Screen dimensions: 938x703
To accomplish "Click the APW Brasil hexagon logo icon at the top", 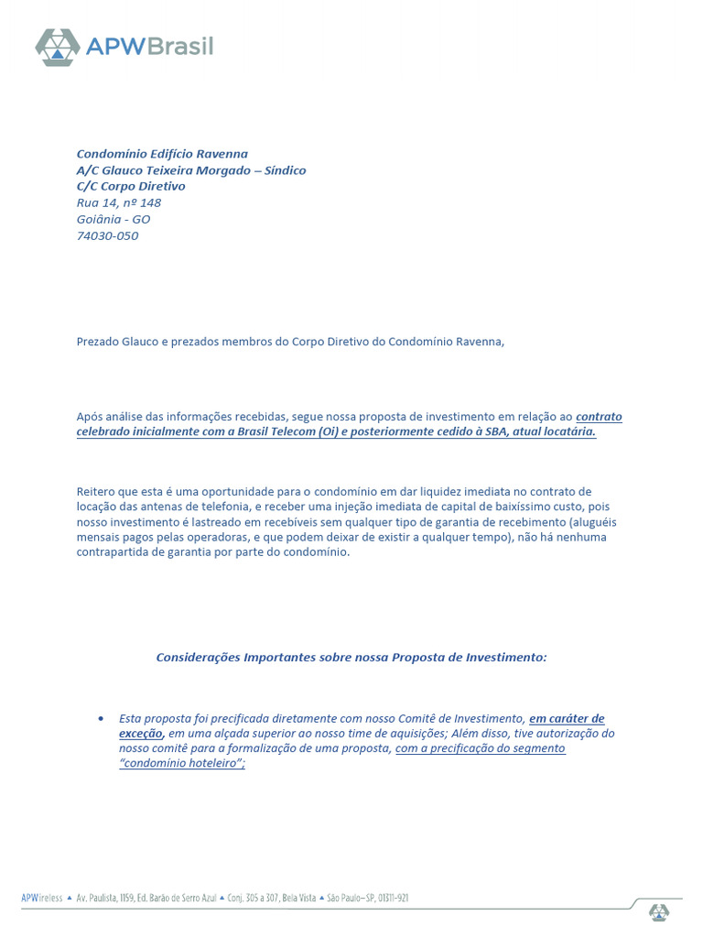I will [x=58, y=47].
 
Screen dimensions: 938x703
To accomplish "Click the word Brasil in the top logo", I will [x=178, y=45].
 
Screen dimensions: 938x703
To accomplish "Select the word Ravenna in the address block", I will [x=220, y=154].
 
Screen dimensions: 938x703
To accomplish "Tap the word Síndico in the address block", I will [x=286, y=170].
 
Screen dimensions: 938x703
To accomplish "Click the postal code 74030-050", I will [x=107, y=235].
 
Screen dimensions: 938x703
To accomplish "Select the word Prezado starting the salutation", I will [x=98, y=342].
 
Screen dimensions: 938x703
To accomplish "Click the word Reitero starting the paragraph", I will [x=98, y=492].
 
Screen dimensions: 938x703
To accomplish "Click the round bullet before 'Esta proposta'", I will [x=100, y=718].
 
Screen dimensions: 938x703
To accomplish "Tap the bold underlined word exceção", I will [x=140, y=733].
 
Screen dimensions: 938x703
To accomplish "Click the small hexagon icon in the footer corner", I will [x=659, y=911].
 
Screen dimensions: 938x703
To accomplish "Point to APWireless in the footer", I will [x=42, y=899].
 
